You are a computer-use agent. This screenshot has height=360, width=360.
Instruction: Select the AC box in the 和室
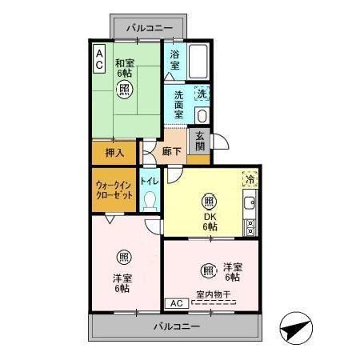[x=99, y=56]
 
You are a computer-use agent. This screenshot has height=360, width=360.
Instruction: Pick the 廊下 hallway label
[x=170, y=151]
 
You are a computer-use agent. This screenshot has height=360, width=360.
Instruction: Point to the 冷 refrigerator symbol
[x=250, y=179]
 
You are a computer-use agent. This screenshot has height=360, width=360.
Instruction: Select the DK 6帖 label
[x=209, y=222]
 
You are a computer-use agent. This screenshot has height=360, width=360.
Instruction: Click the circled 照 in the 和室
[x=125, y=90]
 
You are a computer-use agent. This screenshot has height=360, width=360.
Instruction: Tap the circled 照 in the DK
[x=209, y=201]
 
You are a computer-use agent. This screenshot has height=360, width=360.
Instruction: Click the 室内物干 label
[x=212, y=295]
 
